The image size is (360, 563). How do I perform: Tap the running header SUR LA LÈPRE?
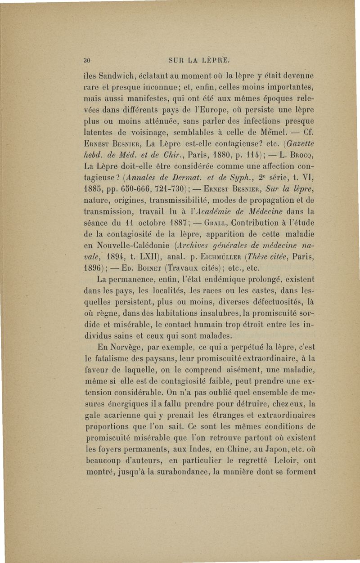click(x=198, y=58)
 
